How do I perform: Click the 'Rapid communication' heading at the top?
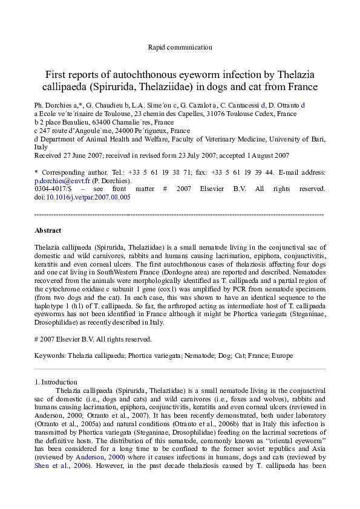[x=180, y=47]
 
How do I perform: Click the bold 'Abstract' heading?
[x=48, y=230]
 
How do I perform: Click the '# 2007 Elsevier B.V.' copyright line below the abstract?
[x=93, y=340]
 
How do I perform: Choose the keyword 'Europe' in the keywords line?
[x=283, y=357]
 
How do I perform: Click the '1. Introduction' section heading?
[x=56, y=382]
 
